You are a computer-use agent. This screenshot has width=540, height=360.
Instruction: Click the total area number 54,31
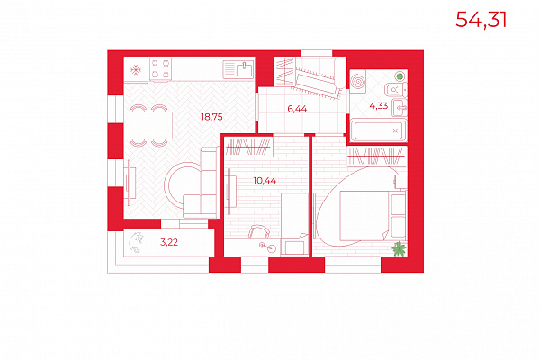481,20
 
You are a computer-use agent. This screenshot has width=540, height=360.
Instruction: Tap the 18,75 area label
211,117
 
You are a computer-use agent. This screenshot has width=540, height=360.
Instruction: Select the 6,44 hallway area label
297,109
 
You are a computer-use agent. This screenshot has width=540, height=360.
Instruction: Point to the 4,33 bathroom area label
379,106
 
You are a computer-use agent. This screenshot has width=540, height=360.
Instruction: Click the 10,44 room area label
265,181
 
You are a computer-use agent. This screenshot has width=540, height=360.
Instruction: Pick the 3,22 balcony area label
169,242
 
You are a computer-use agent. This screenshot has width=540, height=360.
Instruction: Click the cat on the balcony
136,242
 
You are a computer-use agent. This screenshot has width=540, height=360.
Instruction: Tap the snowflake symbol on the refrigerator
136,70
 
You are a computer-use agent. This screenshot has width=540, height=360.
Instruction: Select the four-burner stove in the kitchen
160,69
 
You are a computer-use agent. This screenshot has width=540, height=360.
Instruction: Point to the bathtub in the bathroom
379,130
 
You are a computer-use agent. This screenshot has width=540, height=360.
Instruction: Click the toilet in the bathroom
395,90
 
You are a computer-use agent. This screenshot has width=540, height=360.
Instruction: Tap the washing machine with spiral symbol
358,82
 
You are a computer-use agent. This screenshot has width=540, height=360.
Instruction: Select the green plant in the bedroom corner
400,248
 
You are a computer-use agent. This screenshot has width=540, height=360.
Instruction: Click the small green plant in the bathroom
400,76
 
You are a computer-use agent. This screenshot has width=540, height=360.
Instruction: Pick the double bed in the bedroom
373,216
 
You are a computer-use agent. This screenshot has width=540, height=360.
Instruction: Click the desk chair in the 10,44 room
258,232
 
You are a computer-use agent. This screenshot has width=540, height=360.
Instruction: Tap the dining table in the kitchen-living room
148,125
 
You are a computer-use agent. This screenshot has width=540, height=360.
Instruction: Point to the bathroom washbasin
400,108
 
